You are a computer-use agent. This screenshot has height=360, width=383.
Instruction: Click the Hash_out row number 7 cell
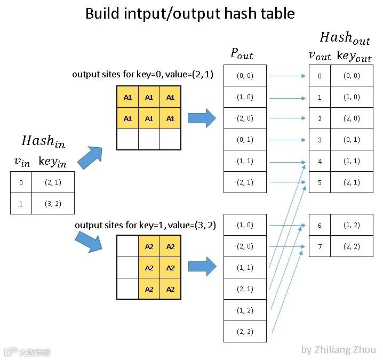320,246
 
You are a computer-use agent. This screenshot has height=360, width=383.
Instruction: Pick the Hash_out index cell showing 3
320,140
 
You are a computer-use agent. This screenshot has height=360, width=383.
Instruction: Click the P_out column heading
242,53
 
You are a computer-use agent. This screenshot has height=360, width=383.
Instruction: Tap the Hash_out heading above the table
344,38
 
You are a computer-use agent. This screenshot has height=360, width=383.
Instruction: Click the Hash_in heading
44,141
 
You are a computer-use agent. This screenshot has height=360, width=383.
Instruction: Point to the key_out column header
354,56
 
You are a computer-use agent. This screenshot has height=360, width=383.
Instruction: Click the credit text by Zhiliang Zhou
338,350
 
